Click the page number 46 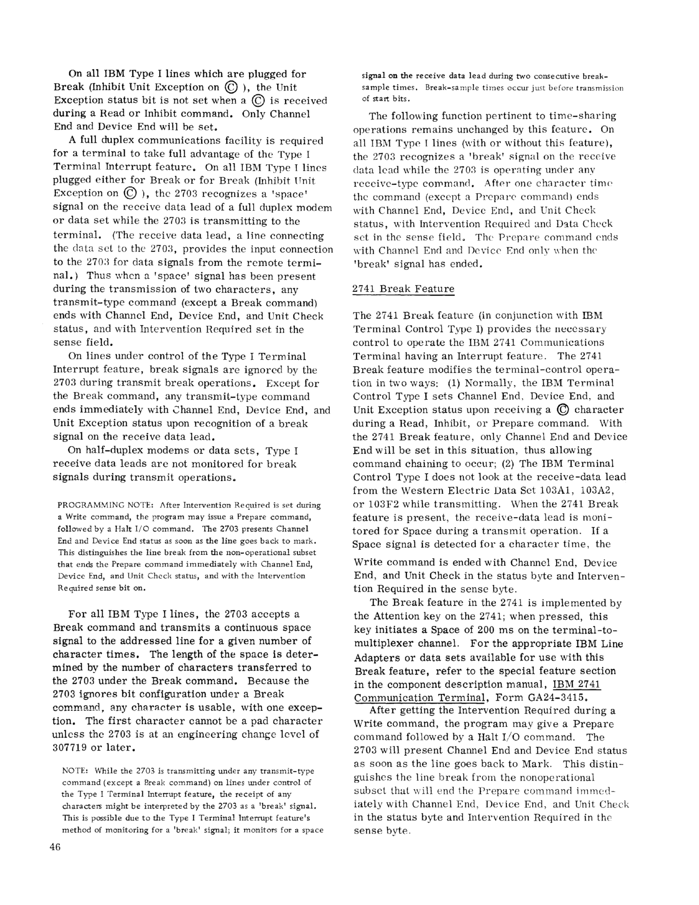pos(55,847)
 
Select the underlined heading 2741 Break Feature pos(403,289)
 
